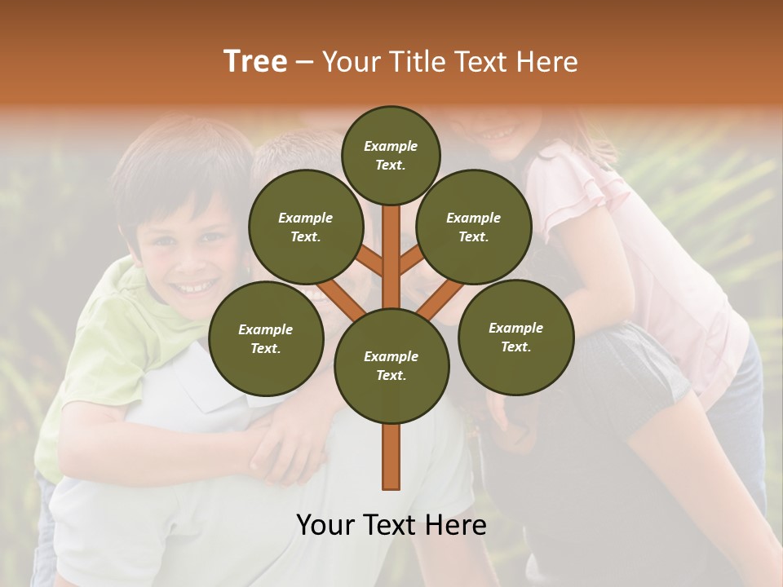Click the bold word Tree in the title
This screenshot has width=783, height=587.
(x=255, y=61)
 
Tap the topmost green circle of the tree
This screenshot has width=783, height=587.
(x=391, y=155)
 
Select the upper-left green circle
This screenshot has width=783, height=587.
(x=306, y=227)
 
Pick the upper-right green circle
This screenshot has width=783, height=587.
(x=474, y=227)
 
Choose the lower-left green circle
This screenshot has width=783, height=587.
(x=266, y=339)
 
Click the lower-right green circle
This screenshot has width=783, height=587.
(x=516, y=338)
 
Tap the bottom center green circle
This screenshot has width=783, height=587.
(x=391, y=366)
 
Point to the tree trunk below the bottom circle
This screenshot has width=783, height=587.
(x=391, y=457)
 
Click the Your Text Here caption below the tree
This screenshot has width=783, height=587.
(x=391, y=525)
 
